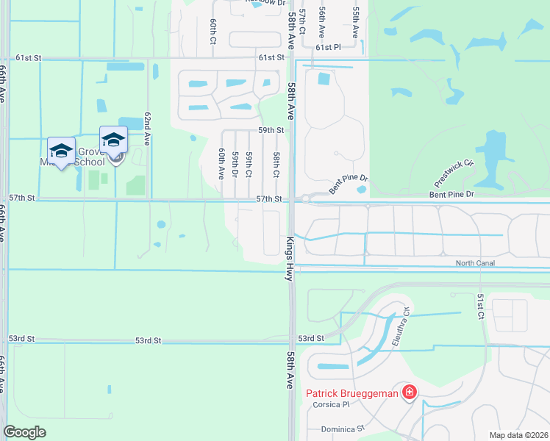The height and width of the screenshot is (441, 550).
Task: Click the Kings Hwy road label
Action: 290,258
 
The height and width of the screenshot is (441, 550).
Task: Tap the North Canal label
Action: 475,263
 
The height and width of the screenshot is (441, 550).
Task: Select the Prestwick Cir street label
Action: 454,173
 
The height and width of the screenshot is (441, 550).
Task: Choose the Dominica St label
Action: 343,429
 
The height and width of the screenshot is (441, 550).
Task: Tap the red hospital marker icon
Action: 409,393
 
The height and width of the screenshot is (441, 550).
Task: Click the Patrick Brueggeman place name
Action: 351,394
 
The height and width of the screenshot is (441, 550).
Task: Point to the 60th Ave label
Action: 221,163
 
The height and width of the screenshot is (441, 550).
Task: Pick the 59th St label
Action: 271,130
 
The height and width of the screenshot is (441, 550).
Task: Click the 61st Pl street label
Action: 329,47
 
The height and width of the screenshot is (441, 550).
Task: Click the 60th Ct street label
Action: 212,30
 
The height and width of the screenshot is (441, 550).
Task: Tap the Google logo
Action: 24,432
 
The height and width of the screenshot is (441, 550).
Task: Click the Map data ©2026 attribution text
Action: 518,435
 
